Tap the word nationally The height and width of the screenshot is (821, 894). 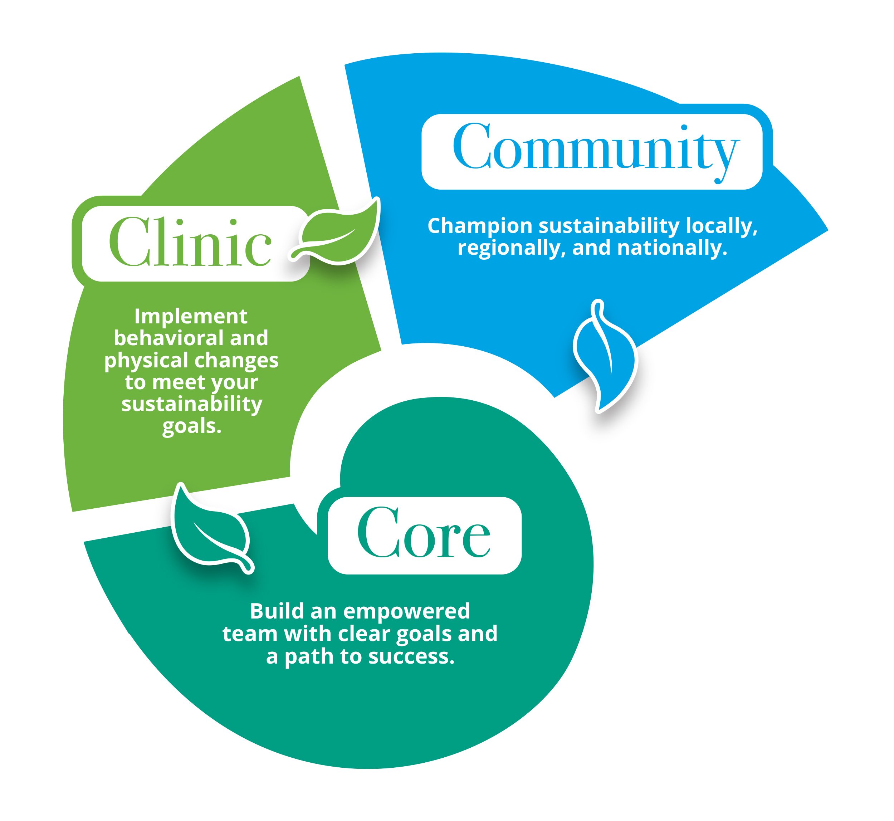[672, 248]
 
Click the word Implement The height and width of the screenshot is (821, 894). [191, 317]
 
